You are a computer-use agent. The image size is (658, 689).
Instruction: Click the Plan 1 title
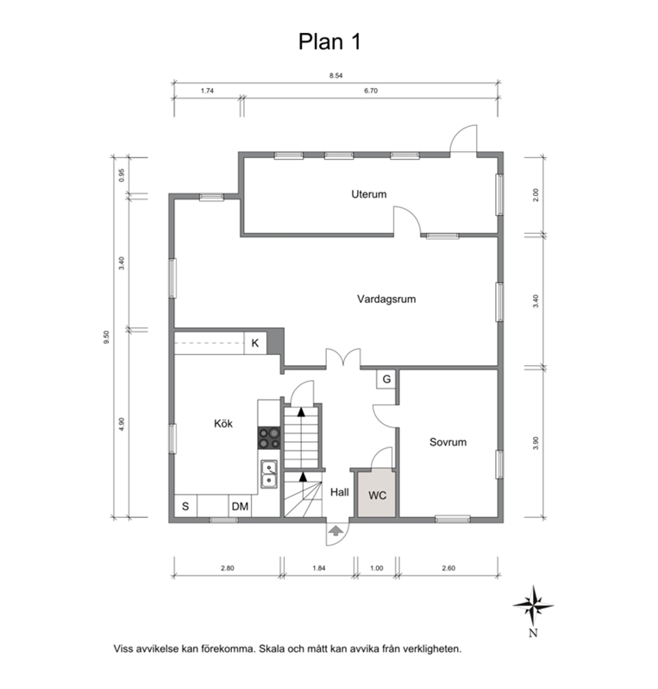(329, 41)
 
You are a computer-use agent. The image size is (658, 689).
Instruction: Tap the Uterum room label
(369, 194)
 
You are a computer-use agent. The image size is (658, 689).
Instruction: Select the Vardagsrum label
(386, 300)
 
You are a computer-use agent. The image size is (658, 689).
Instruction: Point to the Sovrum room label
(448, 442)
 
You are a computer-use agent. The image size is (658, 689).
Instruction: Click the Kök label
(223, 424)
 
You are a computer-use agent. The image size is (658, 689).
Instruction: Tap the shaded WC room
(377, 493)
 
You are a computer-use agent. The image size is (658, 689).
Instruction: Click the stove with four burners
(269, 438)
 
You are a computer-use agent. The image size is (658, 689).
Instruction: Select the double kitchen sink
(269, 474)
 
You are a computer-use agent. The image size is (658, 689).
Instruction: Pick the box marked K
(255, 343)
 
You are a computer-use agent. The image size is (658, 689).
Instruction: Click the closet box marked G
(386, 379)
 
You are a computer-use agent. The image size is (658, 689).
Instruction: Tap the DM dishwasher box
(240, 506)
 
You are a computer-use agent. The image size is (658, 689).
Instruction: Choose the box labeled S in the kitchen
(185, 506)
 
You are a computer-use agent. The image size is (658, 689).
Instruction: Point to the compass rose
(533, 606)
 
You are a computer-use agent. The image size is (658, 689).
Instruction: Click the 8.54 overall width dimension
(335, 76)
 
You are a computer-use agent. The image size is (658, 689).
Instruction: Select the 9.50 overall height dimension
(106, 337)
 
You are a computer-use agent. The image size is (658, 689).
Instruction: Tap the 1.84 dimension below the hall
(319, 568)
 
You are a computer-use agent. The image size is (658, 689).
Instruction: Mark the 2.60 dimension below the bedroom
(448, 568)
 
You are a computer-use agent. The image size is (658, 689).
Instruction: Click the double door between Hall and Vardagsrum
(343, 357)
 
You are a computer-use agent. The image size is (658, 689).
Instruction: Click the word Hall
(339, 492)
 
